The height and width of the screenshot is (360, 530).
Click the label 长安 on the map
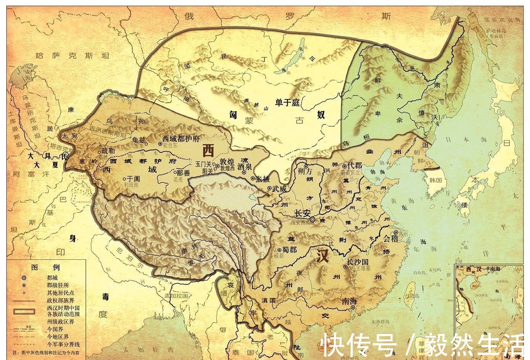[x=303, y=213]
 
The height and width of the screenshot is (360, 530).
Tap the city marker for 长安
[x=312, y=220]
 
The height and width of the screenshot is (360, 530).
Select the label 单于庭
[x=288, y=102]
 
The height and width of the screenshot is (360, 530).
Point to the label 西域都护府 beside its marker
[x=181, y=139]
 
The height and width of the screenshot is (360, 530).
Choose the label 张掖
[x=263, y=179]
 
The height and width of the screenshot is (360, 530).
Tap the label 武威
[x=279, y=188]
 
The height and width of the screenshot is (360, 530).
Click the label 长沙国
[x=358, y=262]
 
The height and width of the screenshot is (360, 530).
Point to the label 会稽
[x=390, y=239]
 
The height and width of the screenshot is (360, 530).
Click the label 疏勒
[x=108, y=151]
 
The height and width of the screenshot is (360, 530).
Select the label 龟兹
[x=137, y=140]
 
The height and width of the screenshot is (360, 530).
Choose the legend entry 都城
[x=52, y=278]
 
